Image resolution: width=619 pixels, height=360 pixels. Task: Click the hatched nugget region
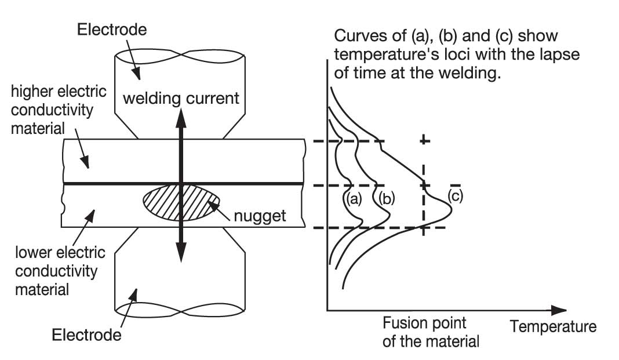click(x=181, y=202)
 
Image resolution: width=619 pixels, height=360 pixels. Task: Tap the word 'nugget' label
click(x=260, y=216)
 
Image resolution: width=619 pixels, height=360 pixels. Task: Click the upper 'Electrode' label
click(x=112, y=30)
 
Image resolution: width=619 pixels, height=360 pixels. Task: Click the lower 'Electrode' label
click(x=86, y=334)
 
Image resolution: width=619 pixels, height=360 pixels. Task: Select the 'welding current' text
click(x=181, y=99)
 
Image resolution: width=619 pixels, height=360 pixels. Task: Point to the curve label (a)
click(x=352, y=199)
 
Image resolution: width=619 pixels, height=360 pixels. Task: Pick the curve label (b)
click(x=386, y=199)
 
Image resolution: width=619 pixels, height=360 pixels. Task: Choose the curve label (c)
click(x=455, y=196)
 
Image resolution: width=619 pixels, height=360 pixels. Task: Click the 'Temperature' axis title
click(x=553, y=327)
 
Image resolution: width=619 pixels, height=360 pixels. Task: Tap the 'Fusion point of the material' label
click(x=431, y=332)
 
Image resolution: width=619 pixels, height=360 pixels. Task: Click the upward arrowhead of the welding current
click(x=181, y=117)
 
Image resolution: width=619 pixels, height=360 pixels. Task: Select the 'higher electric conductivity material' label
click(x=59, y=110)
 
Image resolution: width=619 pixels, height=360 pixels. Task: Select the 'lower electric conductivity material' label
click(x=60, y=271)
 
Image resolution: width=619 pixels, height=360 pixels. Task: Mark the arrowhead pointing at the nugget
click(x=213, y=205)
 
